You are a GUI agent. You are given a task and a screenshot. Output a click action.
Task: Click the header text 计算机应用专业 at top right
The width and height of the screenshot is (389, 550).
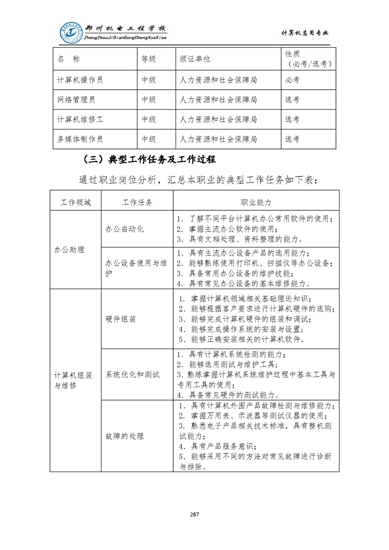[x=305, y=33]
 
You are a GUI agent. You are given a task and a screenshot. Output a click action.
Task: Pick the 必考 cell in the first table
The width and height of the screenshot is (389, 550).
[x=292, y=80]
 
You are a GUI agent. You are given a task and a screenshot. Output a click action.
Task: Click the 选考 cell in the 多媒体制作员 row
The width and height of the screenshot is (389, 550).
[x=292, y=139]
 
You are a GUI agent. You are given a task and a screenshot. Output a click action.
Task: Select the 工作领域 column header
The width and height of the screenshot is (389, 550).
[x=75, y=202]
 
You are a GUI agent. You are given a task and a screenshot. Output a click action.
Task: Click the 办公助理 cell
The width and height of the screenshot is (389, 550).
[x=69, y=250]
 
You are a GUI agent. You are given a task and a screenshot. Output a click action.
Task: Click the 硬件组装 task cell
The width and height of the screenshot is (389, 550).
[x=121, y=319]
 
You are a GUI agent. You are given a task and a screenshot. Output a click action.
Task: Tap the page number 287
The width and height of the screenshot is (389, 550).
[x=194, y=514]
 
